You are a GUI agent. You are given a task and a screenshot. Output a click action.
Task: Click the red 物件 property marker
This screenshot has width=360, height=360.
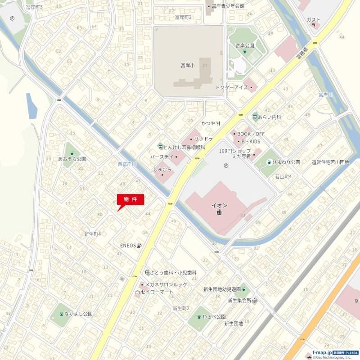pyautogui.click(x=130, y=199)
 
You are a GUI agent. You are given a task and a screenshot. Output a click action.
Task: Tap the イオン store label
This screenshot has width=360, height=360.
pyautogui.click(x=219, y=206)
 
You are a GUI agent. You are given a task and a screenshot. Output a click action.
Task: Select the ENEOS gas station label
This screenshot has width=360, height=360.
pyautogui.click(x=128, y=246)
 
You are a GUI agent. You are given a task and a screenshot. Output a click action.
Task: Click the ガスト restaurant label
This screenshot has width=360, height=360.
pyautogui.click(x=313, y=20)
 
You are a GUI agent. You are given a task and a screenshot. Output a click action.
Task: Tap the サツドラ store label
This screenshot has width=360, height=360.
pyautogui.click(x=203, y=139)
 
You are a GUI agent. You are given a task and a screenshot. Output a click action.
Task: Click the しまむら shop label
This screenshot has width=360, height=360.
pyautogui.click(x=162, y=169)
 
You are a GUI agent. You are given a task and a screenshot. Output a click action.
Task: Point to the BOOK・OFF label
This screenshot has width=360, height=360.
pyautogui.click(x=251, y=134)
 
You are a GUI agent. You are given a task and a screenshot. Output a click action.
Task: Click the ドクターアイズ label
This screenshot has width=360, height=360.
pyautogui.click(x=232, y=87)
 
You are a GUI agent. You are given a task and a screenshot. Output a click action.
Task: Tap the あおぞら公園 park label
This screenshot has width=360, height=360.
pyautogui.click(x=72, y=159)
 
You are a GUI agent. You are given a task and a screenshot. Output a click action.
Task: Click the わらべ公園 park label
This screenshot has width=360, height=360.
pyautogui.click(x=214, y=316)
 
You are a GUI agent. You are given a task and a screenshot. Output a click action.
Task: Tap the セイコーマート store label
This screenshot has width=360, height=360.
pyautogui.click(x=157, y=292)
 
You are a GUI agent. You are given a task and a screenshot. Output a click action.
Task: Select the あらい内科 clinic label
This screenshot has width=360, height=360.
pyautogui.click(x=270, y=117)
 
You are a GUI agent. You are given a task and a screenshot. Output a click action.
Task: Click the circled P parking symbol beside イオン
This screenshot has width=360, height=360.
pyautogui.click(x=225, y=165)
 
